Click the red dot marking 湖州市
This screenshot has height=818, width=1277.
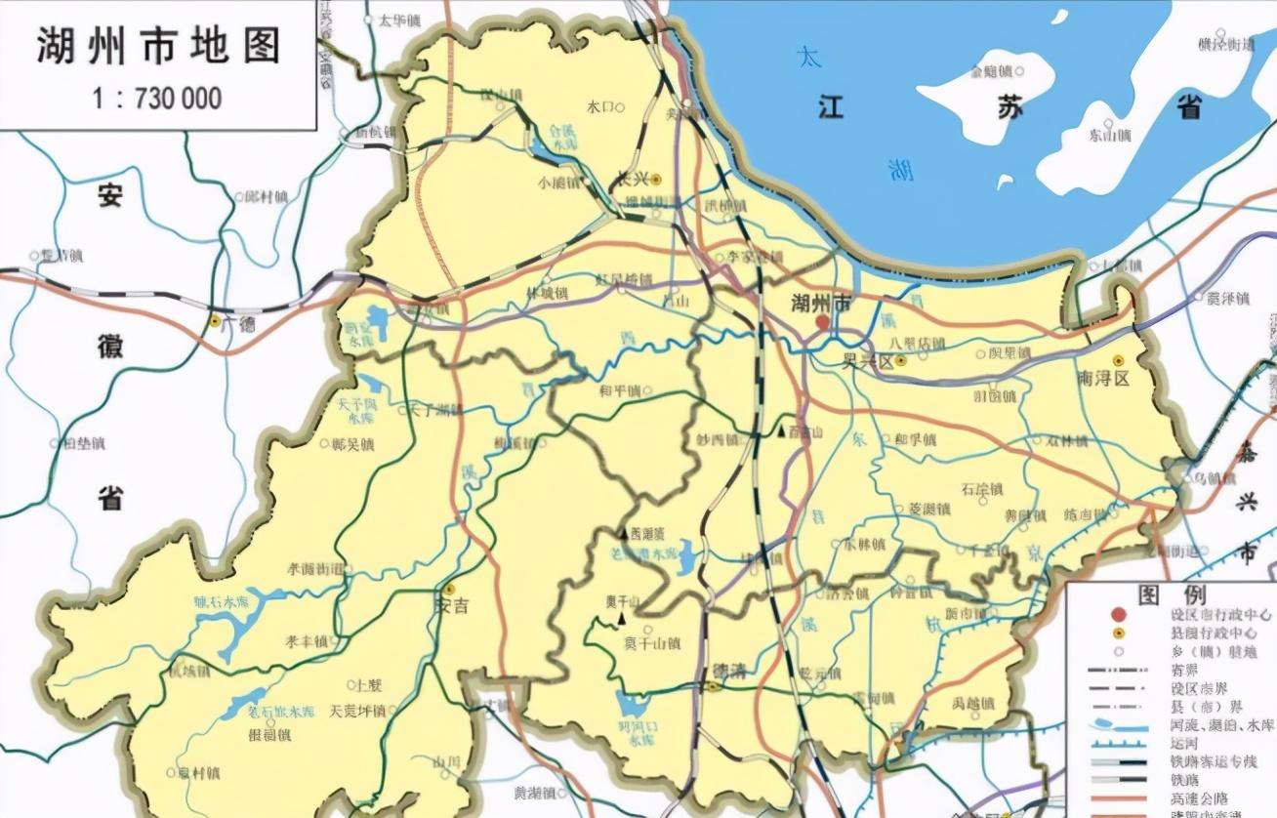[x=823, y=322]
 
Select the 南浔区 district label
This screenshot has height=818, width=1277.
[x=1103, y=378]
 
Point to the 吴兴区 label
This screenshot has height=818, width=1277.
[x=869, y=360]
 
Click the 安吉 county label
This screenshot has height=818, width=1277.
[x=450, y=605]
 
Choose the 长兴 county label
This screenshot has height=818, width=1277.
[x=635, y=179]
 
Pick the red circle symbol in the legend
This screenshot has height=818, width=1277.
[x=1118, y=615]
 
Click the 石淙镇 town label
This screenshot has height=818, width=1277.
[x=981, y=489]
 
